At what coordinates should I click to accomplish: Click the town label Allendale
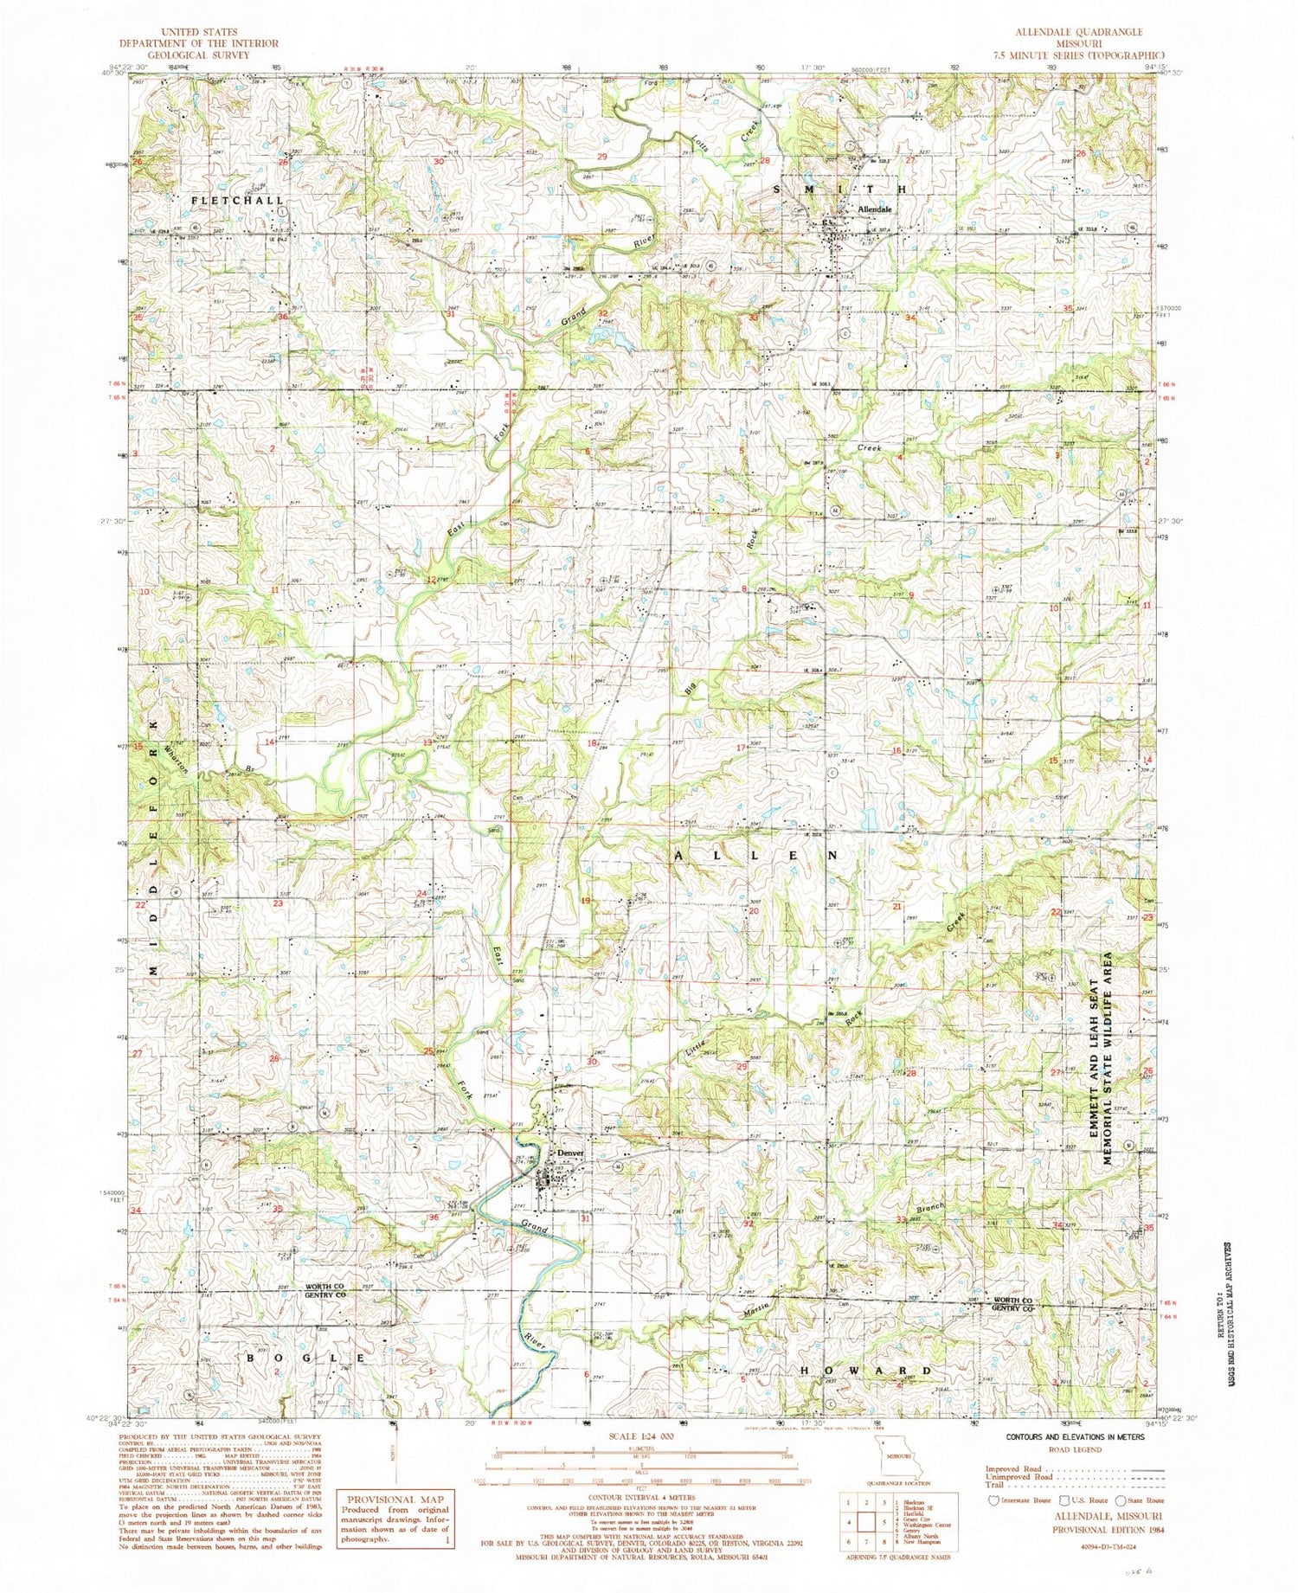pos(874,210)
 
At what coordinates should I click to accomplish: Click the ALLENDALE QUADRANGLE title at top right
pos(1069,31)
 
